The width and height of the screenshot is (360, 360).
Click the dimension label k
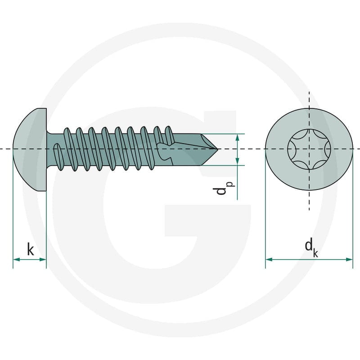[x=30, y=250]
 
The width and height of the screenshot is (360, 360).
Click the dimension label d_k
[x=311, y=247]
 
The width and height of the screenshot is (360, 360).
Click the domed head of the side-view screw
[x=30, y=149]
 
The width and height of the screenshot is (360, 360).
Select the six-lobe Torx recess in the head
[x=309, y=149]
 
